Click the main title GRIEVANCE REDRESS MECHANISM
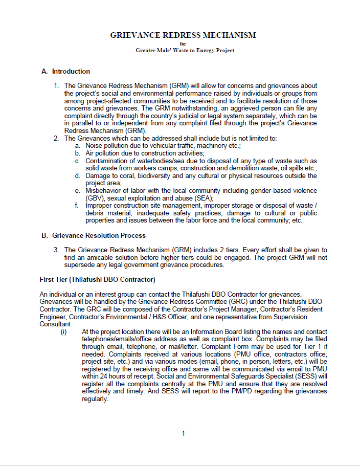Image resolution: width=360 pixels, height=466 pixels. coord(183,35)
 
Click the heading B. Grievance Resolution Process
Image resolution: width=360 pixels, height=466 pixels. coord(94,236)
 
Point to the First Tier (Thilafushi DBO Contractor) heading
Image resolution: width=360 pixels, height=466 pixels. coord(97,280)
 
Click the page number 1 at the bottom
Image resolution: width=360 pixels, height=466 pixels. coord(183,434)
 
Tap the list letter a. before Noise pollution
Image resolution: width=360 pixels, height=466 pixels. coord(78,146)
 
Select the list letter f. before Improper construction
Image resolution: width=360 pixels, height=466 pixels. coord(77,206)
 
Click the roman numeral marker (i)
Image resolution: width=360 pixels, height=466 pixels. coord(64,331)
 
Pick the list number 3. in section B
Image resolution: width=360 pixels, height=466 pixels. coord(57,250)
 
